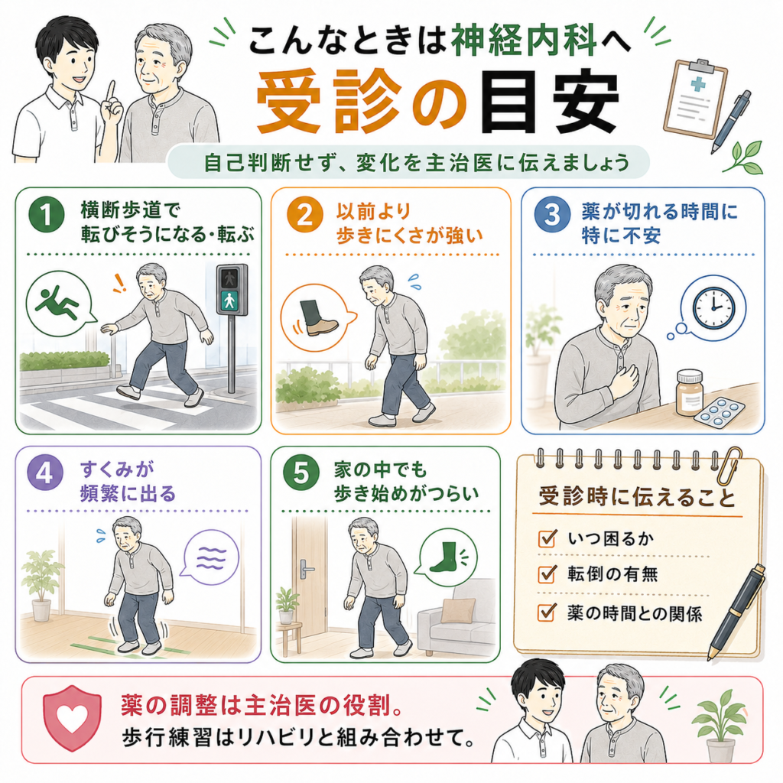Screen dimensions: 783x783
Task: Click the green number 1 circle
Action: pos(47,215)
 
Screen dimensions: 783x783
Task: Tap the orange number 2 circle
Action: pos(304,215)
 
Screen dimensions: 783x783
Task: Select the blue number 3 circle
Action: pos(552,215)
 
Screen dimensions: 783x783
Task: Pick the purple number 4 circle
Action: pos(45,473)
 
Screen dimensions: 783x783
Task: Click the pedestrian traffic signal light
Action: pos(231,290)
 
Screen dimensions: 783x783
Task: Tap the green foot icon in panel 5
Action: pos(443,557)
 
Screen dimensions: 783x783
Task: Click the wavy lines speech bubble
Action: pos(210,557)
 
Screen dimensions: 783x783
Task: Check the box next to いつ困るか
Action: pos(547,538)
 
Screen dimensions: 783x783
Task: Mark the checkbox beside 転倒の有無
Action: pos(547,573)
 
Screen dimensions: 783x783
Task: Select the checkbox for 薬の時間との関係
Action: pos(547,612)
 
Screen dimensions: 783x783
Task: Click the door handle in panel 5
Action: pos(306,569)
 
